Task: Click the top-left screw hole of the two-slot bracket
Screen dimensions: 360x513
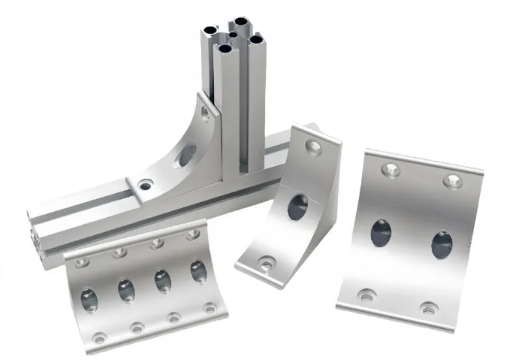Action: point(390,171)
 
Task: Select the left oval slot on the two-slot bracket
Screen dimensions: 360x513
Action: point(381,233)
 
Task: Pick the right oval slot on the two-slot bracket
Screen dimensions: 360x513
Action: point(441,244)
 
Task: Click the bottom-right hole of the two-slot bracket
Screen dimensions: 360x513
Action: point(428,308)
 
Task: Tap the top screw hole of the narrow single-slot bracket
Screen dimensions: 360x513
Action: point(313,147)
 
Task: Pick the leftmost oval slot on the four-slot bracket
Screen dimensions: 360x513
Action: point(89,299)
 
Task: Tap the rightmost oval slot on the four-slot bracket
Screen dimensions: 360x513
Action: point(198,271)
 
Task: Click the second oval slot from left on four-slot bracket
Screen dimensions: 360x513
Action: point(126,290)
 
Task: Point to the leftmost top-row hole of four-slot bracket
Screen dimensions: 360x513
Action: point(82,263)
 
